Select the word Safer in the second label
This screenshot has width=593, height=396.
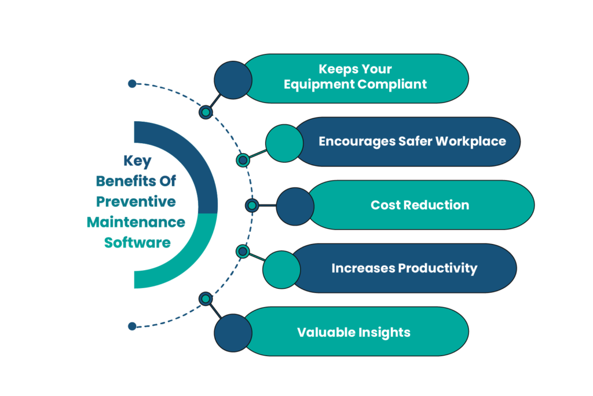(x=419, y=141)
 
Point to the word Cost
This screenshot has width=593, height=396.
(x=385, y=205)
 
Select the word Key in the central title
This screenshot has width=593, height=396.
(x=137, y=162)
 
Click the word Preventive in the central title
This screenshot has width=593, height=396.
(x=136, y=202)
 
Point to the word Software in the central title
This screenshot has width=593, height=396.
(x=137, y=242)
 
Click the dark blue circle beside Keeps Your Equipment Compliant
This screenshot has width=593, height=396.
(x=233, y=79)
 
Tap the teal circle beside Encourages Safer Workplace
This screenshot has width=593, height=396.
(x=284, y=143)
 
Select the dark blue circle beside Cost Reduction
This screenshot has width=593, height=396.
(x=295, y=206)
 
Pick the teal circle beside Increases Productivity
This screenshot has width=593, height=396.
(x=281, y=269)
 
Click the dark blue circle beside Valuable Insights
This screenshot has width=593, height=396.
(x=233, y=333)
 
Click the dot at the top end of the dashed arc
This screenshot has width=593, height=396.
(x=132, y=83)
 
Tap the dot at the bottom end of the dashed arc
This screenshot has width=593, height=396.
(x=132, y=326)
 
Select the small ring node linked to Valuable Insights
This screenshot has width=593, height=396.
(x=206, y=299)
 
